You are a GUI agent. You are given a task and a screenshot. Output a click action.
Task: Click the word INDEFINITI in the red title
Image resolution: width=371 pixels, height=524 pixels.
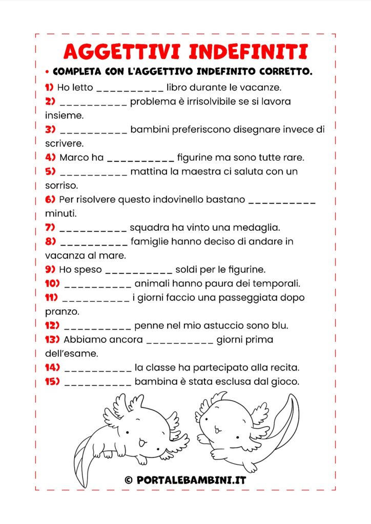point(249,52)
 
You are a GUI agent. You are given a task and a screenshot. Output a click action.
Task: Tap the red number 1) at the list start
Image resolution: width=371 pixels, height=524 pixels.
point(49,88)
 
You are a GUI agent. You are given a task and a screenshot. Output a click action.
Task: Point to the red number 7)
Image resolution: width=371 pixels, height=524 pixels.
point(50,227)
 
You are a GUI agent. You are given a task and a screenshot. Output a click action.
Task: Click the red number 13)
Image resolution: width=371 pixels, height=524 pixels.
point(53,339)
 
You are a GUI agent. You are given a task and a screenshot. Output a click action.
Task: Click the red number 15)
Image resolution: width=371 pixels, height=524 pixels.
point(53,381)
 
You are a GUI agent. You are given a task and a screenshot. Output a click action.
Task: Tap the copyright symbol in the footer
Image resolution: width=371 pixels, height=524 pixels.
point(128,479)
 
